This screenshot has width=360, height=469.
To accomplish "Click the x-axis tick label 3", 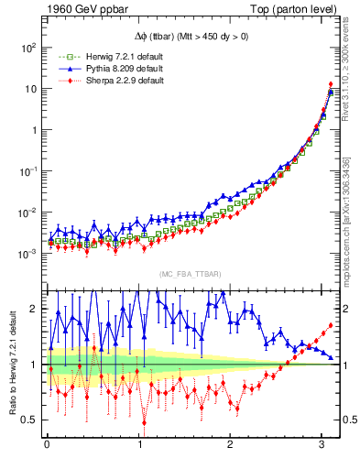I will [322, 446].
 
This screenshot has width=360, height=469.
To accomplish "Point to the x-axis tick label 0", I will [47, 446].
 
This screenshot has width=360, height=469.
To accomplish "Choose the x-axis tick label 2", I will [231, 446].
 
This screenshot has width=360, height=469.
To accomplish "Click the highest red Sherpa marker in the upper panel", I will [330, 84].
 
